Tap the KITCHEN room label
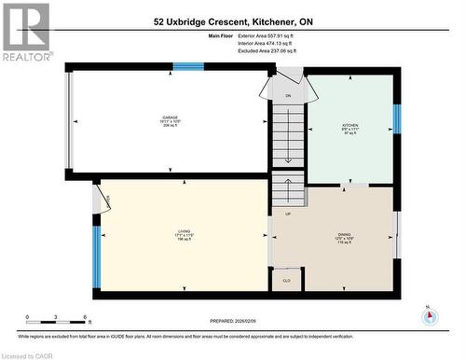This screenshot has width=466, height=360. (350, 131)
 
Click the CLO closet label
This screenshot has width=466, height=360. (286, 280)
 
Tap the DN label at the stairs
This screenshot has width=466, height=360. (288, 95)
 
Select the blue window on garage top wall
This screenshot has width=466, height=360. (187, 66)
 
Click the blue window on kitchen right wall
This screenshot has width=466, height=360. (396, 118)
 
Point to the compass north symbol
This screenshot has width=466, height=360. (429, 315)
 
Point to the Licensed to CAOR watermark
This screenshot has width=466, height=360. (28, 353)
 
